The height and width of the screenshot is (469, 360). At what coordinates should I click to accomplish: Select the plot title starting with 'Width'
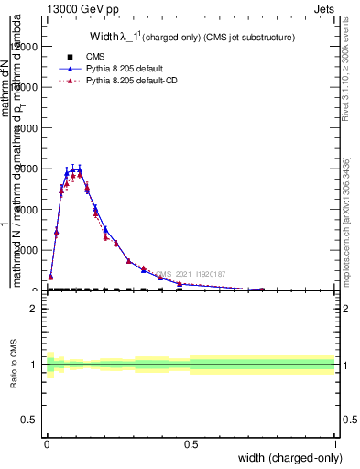pyautogui.click(x=191, y=38)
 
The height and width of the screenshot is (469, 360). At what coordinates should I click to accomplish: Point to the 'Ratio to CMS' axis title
pyautogui.click(x=14, y=365)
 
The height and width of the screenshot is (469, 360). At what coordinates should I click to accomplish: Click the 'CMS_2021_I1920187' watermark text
pyautogui.click(x=191, y=274)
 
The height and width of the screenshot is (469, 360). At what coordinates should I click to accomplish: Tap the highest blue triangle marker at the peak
pyautogui.click(x=80, y=169)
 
